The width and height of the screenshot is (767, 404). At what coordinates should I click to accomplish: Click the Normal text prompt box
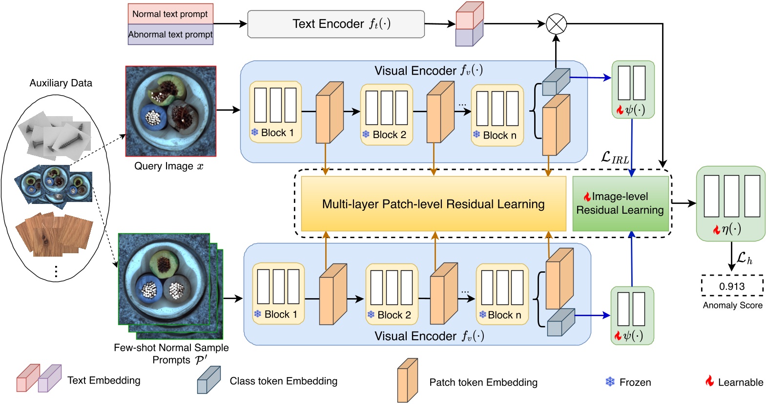tap(170, 14)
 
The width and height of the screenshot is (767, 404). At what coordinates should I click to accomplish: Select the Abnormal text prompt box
tap(170, 35)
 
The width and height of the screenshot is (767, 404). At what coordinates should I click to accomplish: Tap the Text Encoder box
tap(336, 24)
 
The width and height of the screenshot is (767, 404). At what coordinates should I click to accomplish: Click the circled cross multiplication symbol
tap(556, 24)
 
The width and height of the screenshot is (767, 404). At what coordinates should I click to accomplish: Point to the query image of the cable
tap(170, 111)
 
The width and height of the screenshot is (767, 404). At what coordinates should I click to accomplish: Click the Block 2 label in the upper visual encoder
tap(389, 135)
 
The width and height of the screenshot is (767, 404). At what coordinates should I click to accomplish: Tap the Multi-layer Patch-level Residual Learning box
tap(433, 204)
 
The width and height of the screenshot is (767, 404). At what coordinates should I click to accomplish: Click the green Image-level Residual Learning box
tap(620, 203)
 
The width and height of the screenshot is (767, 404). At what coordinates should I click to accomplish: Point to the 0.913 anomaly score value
tap(732, 286)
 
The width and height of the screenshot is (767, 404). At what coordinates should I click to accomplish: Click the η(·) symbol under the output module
tap(731, 229)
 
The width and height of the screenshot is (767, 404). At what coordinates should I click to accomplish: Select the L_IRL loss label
tap(615, 158)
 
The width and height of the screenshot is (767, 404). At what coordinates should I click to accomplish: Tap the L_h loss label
tap(744, 258)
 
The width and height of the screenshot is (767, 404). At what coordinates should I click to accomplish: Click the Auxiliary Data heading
tap(61, 83)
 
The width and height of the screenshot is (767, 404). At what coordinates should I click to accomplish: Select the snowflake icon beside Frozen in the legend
tap(610, 382)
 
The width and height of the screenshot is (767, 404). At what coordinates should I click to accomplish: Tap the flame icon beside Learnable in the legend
tap(709, 381)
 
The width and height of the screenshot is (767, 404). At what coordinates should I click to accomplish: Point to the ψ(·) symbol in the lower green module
tap(633, 336)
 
